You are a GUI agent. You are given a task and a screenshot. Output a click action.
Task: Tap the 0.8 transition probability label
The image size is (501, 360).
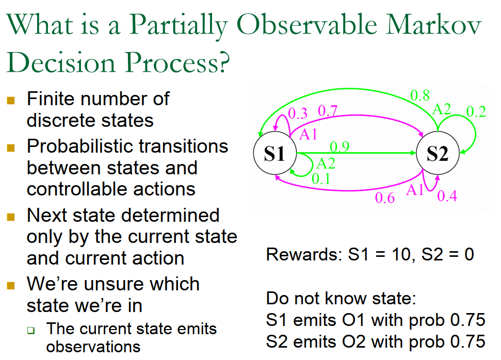click(x=420, y=95)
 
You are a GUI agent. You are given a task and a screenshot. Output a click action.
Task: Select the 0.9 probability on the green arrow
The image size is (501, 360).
click(x=340, y=147)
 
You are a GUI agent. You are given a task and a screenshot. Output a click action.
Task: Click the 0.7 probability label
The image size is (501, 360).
click(x=328, y=110)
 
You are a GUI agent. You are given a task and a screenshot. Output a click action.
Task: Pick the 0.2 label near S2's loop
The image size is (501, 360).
click(x=476, y=112)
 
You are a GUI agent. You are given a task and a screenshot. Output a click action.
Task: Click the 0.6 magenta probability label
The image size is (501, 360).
click(x=385, y=198)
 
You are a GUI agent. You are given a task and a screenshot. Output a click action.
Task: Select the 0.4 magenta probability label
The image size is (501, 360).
click(x=447, y=196)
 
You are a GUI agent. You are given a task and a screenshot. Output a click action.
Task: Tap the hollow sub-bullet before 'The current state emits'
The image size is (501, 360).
click(x=31, y=330)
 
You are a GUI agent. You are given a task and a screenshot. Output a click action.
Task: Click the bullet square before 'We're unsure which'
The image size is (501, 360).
click(x=11, y=285)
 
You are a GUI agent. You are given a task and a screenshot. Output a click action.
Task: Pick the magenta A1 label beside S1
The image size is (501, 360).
click(x=308, y=134)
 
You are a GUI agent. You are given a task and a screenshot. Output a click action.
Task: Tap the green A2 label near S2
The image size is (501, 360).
click(x=442, y=109)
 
